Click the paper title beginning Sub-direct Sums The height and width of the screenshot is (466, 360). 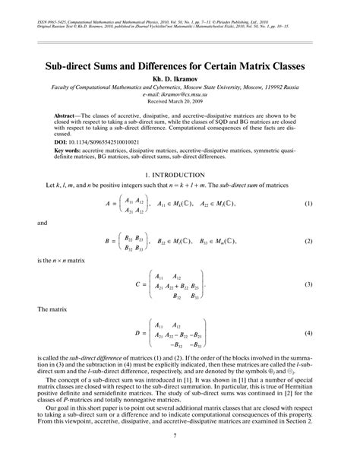[180, 66]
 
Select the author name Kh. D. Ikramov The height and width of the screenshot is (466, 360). [180, 78]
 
